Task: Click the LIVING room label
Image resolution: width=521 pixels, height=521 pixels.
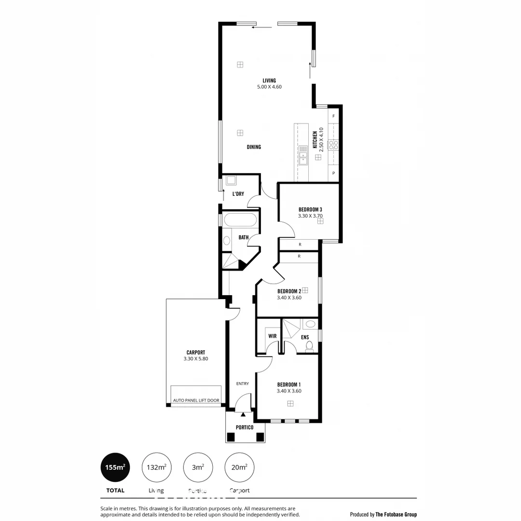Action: pyautogui.click(x=269, y=81)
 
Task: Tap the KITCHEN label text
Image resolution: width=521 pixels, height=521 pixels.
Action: pyautogui.click(x=315, y=140)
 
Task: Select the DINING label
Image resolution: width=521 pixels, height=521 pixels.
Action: pyautogui.click(x=254, y=147)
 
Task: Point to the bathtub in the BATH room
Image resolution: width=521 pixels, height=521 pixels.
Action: pyautogui.click(x=240, y=220)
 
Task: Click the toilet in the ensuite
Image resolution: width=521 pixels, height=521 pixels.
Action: pyautogui.click(x=309, y=345)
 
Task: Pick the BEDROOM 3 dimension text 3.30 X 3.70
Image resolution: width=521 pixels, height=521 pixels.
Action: pyautogui.click(x=310, y=216)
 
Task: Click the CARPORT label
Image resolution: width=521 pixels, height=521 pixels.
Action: pyautogui.click(x=195, y=353)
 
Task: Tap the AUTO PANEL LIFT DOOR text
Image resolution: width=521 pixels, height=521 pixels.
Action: pyautogui.click(x=196, y=400)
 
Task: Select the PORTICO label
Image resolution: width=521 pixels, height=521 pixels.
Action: pyautogui.click(x=245, y=427)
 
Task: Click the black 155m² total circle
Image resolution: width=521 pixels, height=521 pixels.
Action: pyautogui.click(x=115, y=467)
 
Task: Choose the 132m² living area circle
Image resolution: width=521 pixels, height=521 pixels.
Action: pyautogui.click(x=157, y=467)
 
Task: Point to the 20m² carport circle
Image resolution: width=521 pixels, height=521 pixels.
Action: pyautogui.click(x=240, y=467)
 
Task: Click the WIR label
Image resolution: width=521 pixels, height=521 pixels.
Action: pyautogui.click(x=272, y=336)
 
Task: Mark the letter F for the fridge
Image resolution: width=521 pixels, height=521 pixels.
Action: pyautogui.click(x=333, y=116)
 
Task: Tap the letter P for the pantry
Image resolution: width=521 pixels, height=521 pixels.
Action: pyautogui.click(x=333, y=173)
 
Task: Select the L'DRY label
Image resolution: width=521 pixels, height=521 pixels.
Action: pyautogui.click(x=238, y=194)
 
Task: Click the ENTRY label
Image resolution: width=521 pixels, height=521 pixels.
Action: pyautogui.click(x=242, y=384)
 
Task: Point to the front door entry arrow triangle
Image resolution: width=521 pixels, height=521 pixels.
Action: pyautogui.click(x=243, y=414)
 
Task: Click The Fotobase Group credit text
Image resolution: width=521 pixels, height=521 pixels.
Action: pyautogui.click(x=396, y=514)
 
